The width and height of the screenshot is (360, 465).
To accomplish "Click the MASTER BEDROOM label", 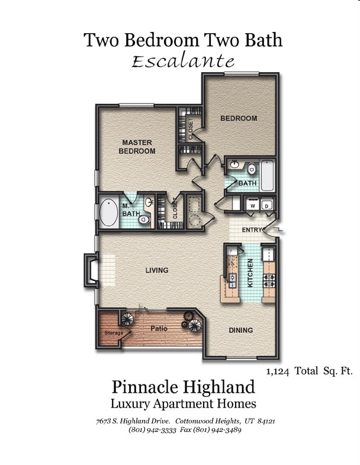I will (137, 147).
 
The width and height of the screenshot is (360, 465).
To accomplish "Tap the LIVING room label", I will (157, 270).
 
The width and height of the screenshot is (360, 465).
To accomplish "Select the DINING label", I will (240, 330).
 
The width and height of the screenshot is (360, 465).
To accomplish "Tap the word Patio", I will (159, 328).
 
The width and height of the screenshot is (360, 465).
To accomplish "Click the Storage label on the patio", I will (114, 333).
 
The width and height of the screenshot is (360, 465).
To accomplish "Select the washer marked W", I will (253, 205).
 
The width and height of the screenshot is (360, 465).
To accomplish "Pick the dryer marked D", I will (267, 205).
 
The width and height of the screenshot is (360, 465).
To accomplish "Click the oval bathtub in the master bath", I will (108, 213).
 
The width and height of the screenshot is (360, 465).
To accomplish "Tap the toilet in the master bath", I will (144, 220).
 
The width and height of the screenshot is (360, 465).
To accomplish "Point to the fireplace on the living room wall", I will (91, 270).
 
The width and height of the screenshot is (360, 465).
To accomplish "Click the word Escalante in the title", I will (183, 61).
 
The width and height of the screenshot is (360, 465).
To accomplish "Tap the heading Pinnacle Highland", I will (183, 387).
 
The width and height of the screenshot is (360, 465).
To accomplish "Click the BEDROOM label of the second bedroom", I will (239, 118).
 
